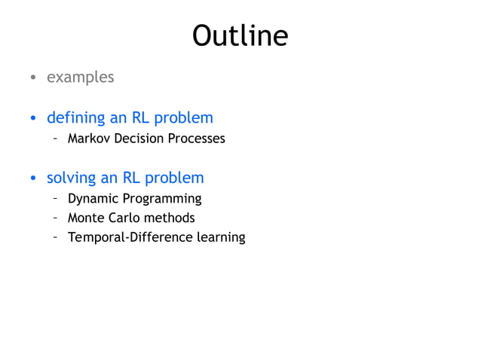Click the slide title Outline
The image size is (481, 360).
240,35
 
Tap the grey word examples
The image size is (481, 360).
81,78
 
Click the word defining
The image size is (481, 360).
72,118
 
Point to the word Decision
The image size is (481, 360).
139,139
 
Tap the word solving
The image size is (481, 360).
70,178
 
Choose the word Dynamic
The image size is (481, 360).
92,199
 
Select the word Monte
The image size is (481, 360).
86,218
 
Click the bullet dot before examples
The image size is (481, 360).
33,78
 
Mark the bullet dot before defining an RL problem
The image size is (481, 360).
33,119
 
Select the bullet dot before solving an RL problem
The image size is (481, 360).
33,179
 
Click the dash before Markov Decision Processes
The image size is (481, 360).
55,139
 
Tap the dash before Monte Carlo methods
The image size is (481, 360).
55,218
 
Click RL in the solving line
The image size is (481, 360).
132,178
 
